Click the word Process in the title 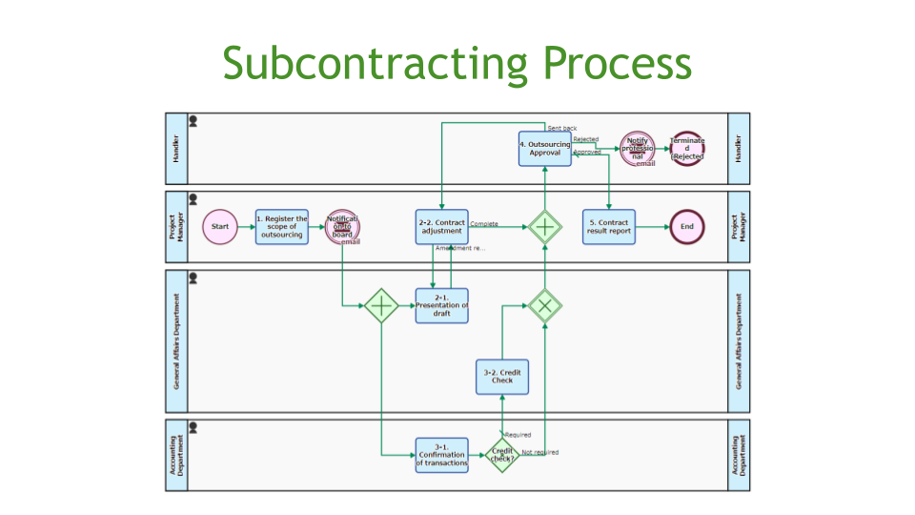coord(617,63)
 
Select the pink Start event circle coord(220,227)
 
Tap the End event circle coord(687,227)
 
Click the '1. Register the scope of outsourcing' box coord(282,227)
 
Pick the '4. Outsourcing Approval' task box coord(544,149)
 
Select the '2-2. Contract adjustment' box coord(441,227)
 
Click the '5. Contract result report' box coord(609,227)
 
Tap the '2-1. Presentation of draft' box coord(441,306)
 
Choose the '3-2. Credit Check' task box coord(502,376)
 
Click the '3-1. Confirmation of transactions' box coord(441,455)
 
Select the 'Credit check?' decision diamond coord(502,455)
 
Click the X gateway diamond coord(545,305)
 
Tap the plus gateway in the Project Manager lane coord(545,227)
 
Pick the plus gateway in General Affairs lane coord(380,305)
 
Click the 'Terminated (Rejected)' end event coord(687,149)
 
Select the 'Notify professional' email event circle coord(638,149)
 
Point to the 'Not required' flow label coord(540,452)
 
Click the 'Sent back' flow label coord(561,128)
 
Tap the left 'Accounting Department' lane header coord(176,455)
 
